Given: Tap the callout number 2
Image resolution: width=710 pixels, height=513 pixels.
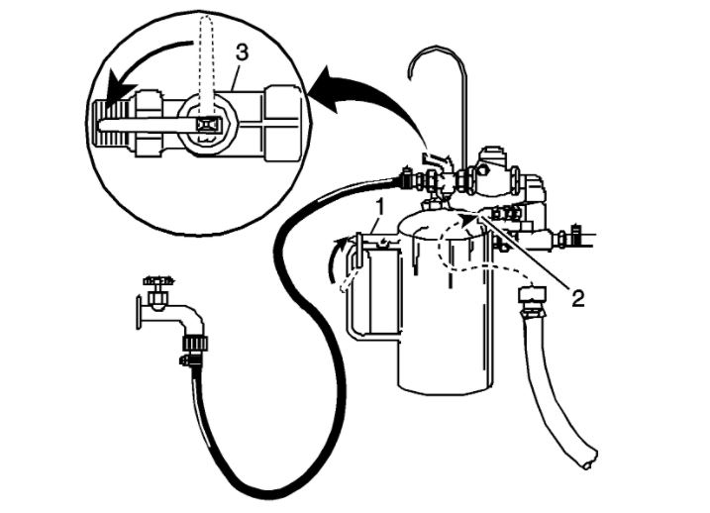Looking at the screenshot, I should click(x=576, y=294).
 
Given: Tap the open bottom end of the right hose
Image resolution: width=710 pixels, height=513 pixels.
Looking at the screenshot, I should click(x=588, y=459).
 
